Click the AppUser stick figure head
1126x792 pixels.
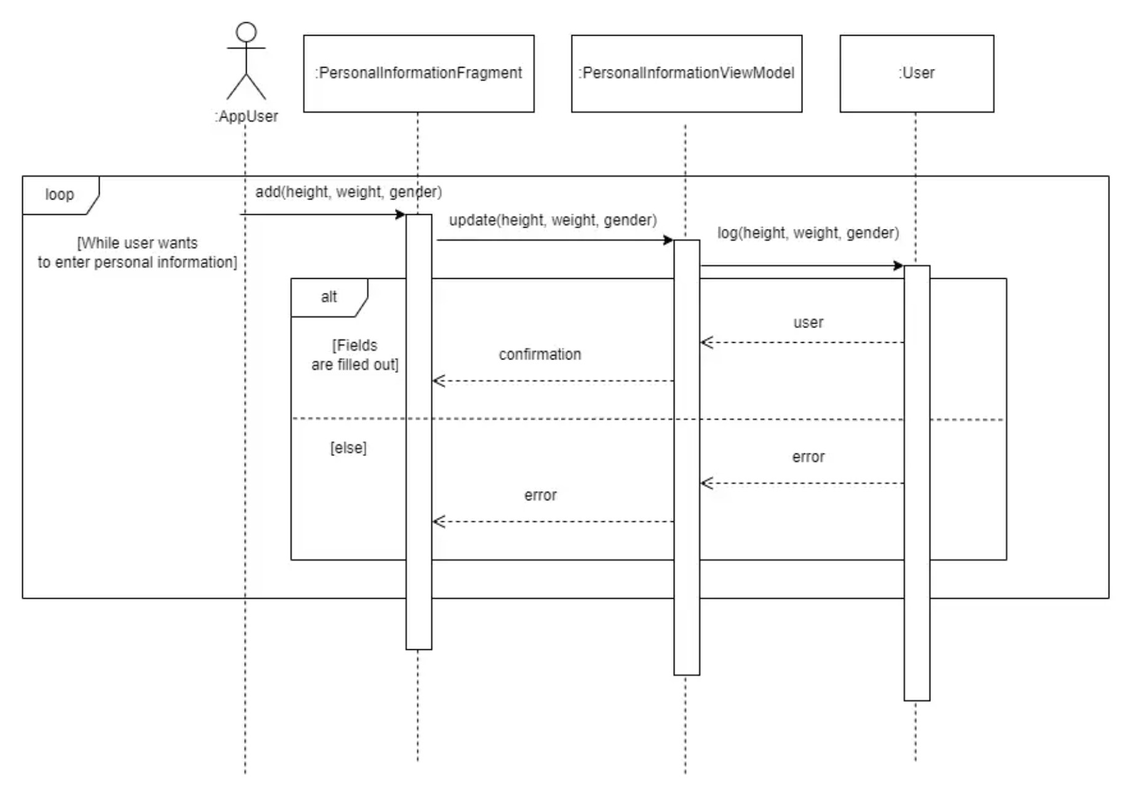pos(246,32)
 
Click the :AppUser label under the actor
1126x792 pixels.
pos(246,116)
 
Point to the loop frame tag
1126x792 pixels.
pos(60,195)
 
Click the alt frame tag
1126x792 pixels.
pos(329,297)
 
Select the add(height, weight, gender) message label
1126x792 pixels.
pos(348,192)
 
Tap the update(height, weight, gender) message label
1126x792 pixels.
pos(553,220)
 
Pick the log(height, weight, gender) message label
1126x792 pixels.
pos(808,233)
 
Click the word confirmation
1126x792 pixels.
pos(540,354)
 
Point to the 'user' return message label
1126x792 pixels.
pos(808,322)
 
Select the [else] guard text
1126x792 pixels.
pos(348,447)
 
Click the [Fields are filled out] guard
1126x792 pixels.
pos(355,355)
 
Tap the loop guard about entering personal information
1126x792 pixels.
pos(137,253)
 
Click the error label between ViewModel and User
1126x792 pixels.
pos(808,457)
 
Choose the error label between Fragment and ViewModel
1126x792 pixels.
pos(540,495)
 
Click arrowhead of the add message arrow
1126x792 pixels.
pos(401,214)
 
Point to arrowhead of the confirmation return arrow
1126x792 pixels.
pos(437,381)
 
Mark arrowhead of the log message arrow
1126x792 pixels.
pos(899,266)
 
